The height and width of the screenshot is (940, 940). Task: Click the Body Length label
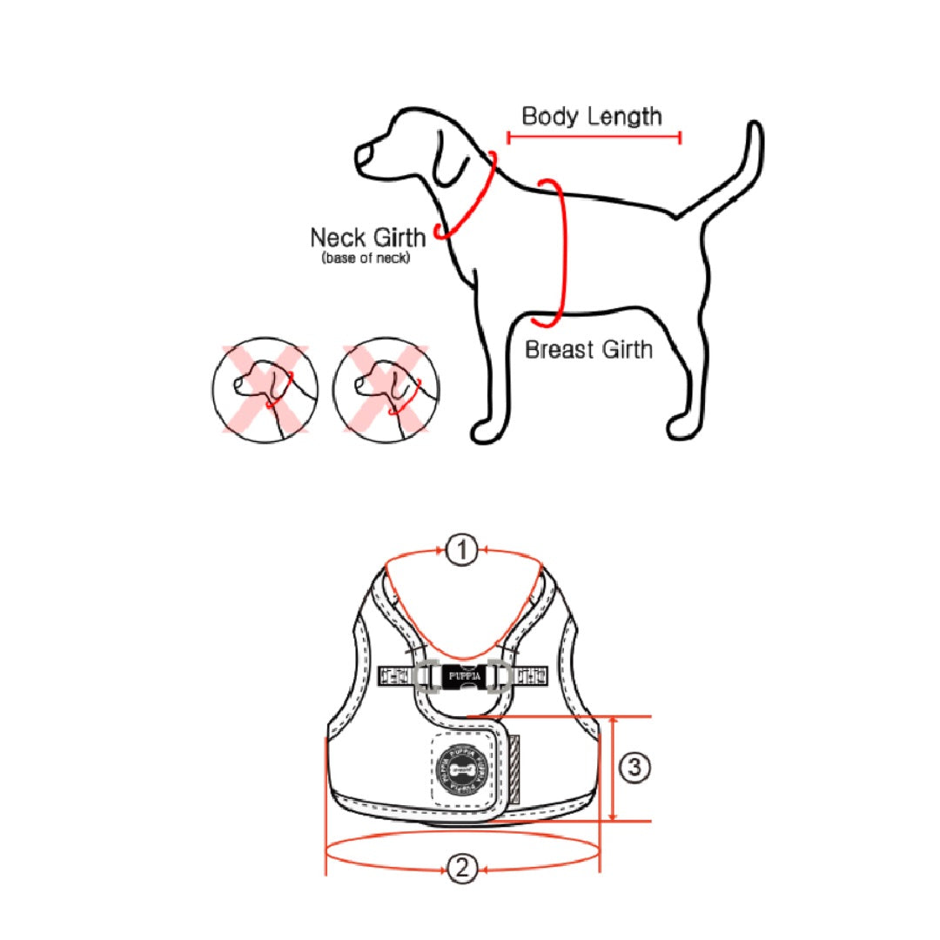point(592,116)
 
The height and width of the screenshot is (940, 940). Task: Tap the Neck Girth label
point(367,237)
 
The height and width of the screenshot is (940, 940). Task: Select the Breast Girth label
point(588,350)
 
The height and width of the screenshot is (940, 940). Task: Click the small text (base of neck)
point(366,258)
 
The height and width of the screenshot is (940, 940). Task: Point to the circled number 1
point(462,550)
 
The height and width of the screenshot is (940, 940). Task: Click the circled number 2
point(462,868)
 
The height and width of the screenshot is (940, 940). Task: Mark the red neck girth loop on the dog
point(470,196)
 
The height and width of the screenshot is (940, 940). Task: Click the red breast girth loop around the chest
point(559,252)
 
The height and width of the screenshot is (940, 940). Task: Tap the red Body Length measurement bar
point(594,137)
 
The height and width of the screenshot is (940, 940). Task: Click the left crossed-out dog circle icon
point(265,387)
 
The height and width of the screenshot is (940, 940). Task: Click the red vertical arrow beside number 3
point(614,769)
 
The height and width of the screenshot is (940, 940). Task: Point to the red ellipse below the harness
point(463,851)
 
